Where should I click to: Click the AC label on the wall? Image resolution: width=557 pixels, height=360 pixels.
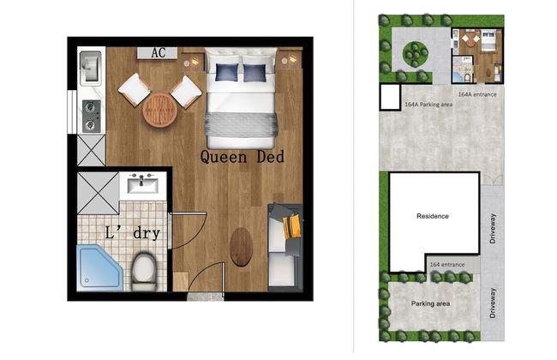pyautogui.click(x=158, y=53)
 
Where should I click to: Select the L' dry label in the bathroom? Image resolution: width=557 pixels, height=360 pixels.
pyautogui.click(x=132, y=233)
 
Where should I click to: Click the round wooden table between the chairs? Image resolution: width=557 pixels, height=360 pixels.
pyautogui.click(x=159, y=110)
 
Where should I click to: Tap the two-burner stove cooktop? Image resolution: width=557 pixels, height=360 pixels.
pyautogui.click(x=90, y=114)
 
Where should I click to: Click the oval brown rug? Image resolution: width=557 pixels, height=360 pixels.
pyautogui.click(x=243, y=247)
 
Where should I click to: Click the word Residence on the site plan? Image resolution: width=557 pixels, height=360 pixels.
pyautogui.click(x=432, y=216)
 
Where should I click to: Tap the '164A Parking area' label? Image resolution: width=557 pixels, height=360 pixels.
pyautogui.click(x=428, y=105)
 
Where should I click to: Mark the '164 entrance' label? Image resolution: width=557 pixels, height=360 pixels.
pyautogui.click(x=446, y=265)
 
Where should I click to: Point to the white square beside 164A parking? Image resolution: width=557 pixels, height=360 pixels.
pyautogui.click(x=390, y=96)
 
